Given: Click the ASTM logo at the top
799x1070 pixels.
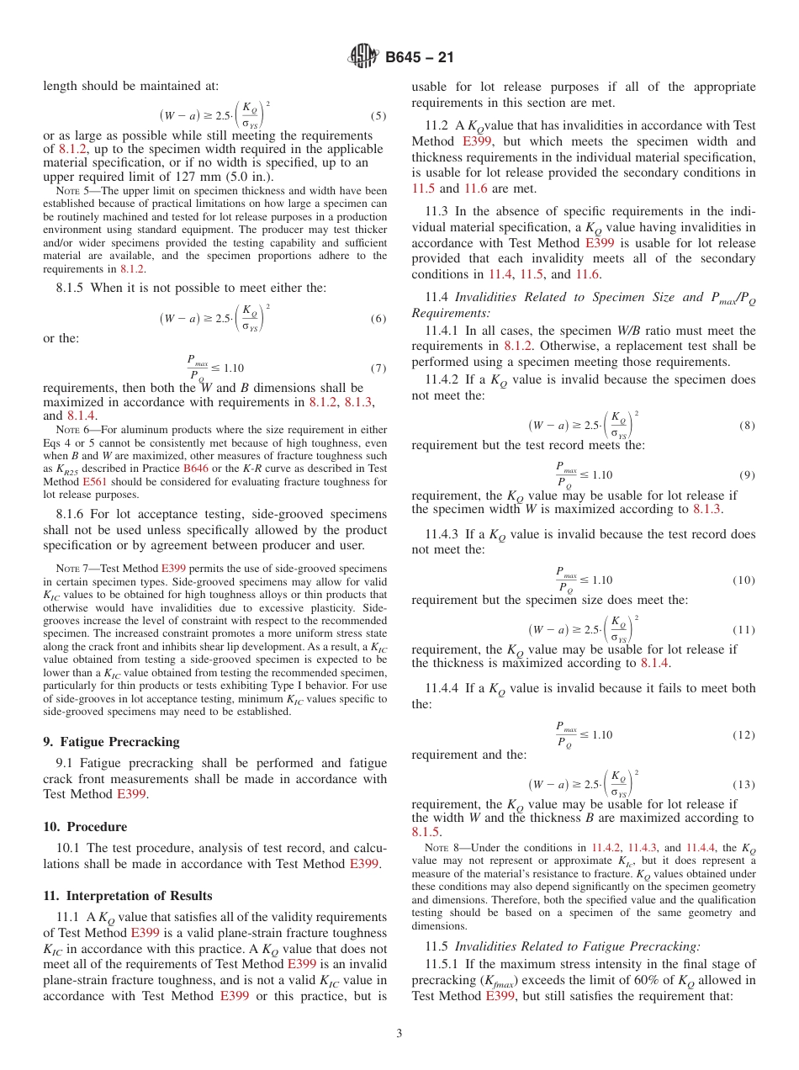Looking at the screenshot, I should [x=363, y=57].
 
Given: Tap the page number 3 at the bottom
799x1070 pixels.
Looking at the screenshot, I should [x=399, y=1033].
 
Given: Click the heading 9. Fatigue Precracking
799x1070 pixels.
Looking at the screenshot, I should [x=111, y=741].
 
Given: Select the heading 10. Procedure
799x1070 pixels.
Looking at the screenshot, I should [x=85, y=826].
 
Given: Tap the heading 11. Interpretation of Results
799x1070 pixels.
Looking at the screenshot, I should [x=127, y=895].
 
